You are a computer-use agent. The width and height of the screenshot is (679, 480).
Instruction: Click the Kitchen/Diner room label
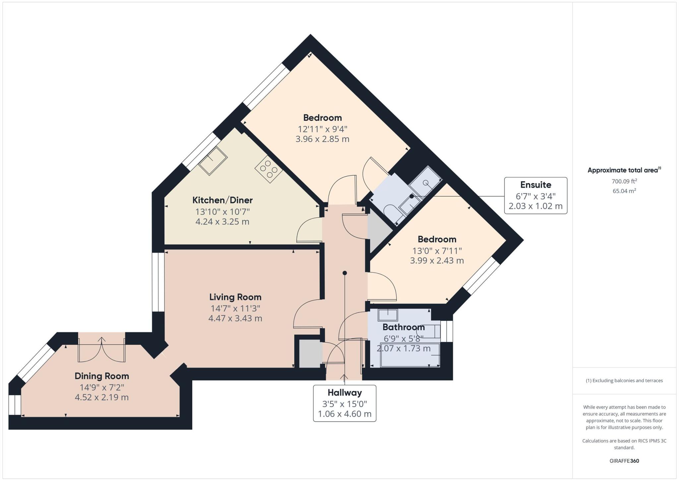(222, 200)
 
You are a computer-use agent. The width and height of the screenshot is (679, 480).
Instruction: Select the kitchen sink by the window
(213, 161)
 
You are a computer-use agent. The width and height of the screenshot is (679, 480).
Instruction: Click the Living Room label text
(235, 297)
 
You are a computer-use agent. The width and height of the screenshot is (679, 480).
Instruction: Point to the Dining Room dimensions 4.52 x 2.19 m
(101, 397)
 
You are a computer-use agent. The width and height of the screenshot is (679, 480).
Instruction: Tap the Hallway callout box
(344, 403)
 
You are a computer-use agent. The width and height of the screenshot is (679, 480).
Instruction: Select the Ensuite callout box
(535, 196)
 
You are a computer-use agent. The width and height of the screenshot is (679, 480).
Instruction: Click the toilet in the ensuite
(391, 211)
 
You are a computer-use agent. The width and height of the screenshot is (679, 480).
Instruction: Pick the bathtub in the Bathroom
(410, 355)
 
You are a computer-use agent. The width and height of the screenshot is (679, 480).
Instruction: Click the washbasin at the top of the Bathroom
(388, 314)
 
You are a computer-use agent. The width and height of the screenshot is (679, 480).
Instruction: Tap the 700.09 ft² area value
(624, 181)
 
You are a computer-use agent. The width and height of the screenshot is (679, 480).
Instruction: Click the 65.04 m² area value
(624, 191)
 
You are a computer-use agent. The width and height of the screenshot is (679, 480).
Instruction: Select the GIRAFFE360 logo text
(624, 461)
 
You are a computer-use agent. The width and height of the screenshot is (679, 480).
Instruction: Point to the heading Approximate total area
(623, 170)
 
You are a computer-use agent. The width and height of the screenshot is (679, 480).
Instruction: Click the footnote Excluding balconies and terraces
(624, 380)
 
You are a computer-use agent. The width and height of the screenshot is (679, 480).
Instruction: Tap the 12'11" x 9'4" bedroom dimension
(322, 129)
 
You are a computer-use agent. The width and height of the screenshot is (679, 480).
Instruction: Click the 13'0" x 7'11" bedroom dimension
(437, 251)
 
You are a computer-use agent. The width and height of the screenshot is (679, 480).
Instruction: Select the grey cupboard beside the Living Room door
(310, 354)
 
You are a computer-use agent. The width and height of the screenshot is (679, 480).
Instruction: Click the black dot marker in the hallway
(345, 273)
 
